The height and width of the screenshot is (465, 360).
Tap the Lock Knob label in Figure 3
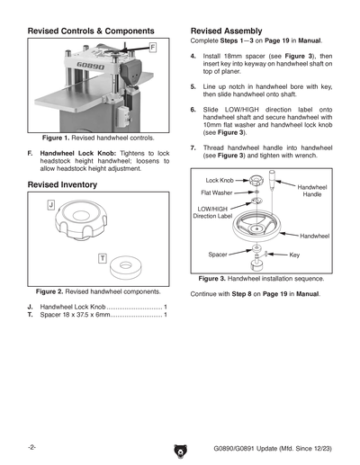click(x=220, y=181)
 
